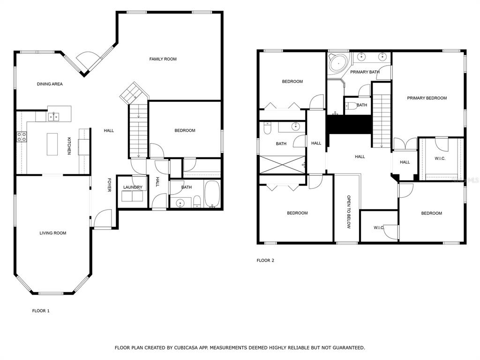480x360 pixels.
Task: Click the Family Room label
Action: pos(163,59)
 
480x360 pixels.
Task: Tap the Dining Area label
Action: pos(50,84)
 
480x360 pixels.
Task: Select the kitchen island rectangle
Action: pos(52,144)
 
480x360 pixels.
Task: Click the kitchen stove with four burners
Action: pos(22,136)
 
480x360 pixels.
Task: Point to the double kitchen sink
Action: pos(53,117)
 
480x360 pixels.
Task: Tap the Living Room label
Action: pos(53,233)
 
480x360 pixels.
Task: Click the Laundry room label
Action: pos(133,187)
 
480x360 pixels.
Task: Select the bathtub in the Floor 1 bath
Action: pos(212,194)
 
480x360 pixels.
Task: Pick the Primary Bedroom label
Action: pos(427,98)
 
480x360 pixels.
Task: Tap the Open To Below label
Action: pos(349,212)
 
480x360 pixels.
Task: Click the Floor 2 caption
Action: pos(265,260)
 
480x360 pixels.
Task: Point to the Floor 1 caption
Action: pos(41,311)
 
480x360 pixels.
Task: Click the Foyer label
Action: pos(109,185)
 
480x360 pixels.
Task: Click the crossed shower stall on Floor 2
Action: pos(282,165)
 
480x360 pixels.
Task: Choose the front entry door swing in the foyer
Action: pos(103,218)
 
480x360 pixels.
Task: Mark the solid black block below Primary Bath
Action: pos(349,124)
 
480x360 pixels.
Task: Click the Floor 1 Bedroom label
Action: pos(185,130)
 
